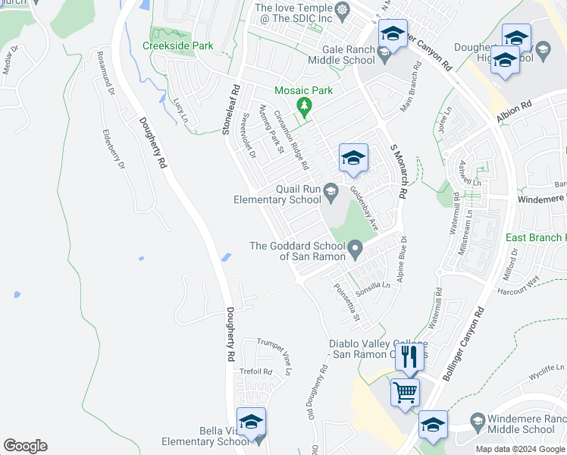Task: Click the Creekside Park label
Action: point(177,45)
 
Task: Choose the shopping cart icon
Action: point(405,392)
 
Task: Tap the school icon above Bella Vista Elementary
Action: point(251,421)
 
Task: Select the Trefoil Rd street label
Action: point(255,371)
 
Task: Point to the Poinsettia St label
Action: point(346,300)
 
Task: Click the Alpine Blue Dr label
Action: point(404,259)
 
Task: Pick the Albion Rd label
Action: point(515,113)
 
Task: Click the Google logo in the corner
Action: point(25,446)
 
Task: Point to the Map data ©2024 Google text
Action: point(519,449)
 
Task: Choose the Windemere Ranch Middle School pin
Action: point(478,422)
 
